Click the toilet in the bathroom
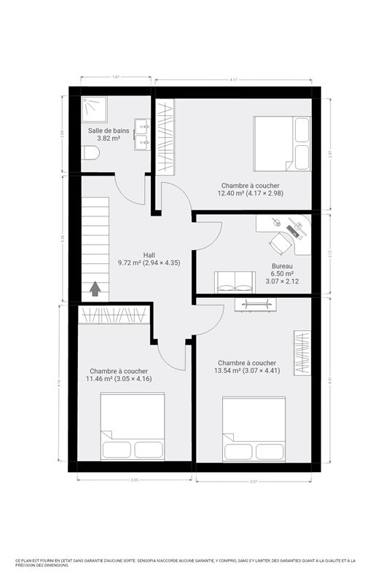click(x=90, y=153)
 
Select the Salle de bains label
click(x=109, y=130)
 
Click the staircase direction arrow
click(x=95, y=289)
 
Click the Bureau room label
click(x=283, y=266)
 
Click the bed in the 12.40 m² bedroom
click(x=280, y=144)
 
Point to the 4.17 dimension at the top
click(x=233, y=79)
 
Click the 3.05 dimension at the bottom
click(x=134, y=480)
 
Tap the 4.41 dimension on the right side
click(x=330, y=380)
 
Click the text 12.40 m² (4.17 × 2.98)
click(x=251, y=193)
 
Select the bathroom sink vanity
click(x=142, y=135)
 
